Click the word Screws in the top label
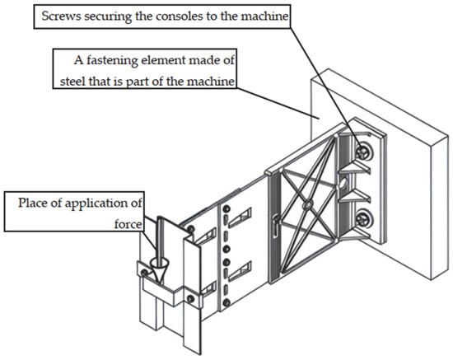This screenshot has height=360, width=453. coord(61,16)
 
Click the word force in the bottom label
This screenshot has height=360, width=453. coord(128,224)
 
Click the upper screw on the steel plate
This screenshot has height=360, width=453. coord(363,152)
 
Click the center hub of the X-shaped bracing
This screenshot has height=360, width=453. coord(307,205)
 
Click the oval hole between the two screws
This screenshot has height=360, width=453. coord(343,185)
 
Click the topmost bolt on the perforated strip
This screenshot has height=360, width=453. coord(226,208)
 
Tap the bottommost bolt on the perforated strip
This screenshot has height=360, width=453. coord(226,302)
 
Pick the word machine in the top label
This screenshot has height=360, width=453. coord(264,16)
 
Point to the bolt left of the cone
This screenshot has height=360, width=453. coord(144,273)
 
